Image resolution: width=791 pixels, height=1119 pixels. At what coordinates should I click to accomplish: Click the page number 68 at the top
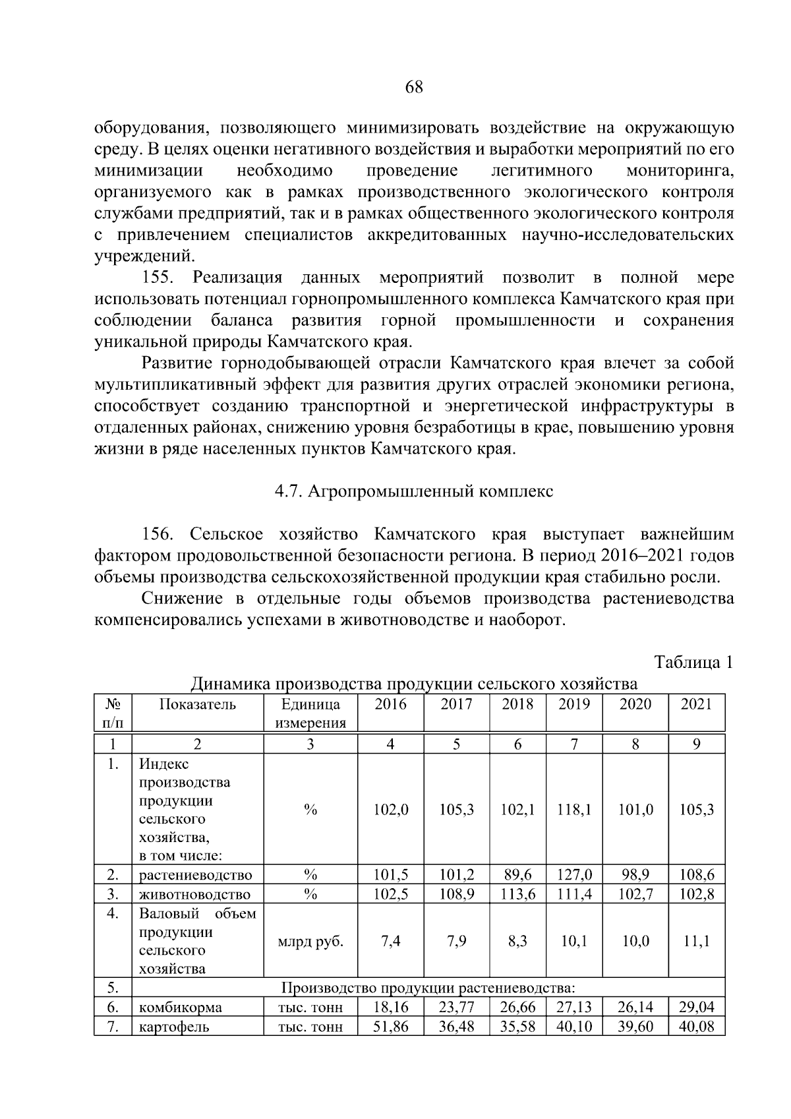414,87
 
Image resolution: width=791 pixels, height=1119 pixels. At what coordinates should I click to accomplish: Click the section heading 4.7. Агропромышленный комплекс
414,491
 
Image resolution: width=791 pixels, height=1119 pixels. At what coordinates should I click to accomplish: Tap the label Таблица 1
693,663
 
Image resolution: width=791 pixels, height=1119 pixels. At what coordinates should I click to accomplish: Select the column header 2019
573,704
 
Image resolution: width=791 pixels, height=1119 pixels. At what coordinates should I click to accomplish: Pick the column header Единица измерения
310,713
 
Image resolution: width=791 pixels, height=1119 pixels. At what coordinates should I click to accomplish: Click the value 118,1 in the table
573,810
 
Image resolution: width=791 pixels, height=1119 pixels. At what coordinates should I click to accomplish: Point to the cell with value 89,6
517,875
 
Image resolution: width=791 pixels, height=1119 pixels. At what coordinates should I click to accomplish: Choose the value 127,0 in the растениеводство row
573,875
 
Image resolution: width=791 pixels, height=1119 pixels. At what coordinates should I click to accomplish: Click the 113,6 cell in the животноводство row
517,894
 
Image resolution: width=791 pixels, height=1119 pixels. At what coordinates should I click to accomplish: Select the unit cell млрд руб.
310,941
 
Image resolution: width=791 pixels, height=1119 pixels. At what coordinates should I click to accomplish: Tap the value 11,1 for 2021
696,941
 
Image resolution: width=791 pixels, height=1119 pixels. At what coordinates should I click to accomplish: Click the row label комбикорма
180,1008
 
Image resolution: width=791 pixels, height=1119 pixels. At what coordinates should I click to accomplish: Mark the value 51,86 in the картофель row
391,1027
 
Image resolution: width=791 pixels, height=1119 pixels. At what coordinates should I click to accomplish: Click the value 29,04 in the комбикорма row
696,1008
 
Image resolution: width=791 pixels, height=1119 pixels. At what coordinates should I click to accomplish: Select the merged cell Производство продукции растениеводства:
428,988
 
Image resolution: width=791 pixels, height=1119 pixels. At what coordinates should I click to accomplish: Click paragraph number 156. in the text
158,533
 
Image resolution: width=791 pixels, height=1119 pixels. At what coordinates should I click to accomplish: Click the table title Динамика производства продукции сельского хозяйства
414,683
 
